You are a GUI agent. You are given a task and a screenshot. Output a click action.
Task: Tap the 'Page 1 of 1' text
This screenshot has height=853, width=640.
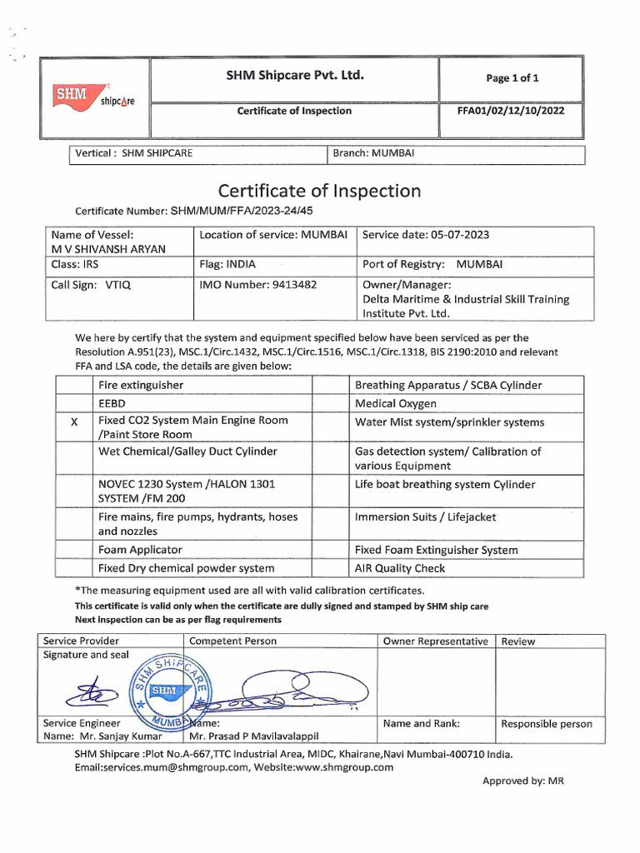pyautogui.click(x=512, y=78)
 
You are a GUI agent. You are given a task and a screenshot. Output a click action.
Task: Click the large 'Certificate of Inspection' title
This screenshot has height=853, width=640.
pyautogui.click(x=319, y=191)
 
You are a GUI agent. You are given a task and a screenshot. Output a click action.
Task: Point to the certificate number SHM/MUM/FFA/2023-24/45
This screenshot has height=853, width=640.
pyautogui.click(x=242, y=212)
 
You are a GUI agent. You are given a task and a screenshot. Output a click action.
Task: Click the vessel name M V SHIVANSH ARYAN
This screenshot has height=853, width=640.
pyautogui.click(x=108, y=249)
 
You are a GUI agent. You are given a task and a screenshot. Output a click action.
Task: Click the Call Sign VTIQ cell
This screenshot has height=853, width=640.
pyautogui.click(x=92, y=284)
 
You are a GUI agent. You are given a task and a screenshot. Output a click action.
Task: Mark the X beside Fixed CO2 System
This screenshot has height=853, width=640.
pyautogui.click(x=74, y=422)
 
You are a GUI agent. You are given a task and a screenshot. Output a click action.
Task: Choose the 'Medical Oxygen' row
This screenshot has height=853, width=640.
pyautogui.click(x=396, y=404)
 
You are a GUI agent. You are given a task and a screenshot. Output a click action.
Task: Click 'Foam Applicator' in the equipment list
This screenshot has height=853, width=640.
pyautogui.click(x=140, y=550)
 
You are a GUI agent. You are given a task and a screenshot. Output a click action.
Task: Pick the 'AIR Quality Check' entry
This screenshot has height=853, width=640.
pyautogui.click(x=400, y=568)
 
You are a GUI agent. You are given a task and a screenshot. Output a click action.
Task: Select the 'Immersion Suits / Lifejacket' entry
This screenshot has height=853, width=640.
pyautogui.click(x=425, y=517)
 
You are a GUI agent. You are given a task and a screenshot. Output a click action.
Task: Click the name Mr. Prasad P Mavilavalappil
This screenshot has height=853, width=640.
pyautogui.click(x=254, y=736)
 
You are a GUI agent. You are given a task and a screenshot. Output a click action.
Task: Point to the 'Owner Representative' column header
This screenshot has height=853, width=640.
pyautogui.click(x=435, y=641)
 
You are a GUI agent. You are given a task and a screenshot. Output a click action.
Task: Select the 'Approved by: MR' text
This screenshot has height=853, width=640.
pyautogui.click(x=523, y=781)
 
